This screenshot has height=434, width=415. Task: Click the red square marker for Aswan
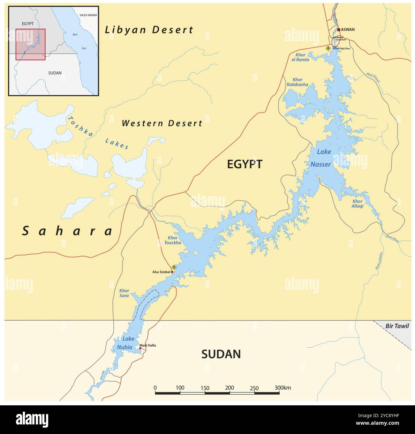point(339,30)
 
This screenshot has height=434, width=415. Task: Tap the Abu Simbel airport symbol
point(174,267)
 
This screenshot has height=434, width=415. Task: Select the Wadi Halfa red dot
point(140,348)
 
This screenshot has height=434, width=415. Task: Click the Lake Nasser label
point(321,158)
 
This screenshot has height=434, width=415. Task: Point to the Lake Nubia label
point(125,343)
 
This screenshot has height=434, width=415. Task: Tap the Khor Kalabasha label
point(297,82)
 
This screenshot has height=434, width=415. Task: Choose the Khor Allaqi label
point(358,204)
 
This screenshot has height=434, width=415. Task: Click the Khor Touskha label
point(173,240)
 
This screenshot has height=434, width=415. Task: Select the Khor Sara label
point(124,293)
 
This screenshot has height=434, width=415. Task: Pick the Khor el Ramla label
point(300,57)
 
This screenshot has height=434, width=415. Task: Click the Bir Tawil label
point(397,326)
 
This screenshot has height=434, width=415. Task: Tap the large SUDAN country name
point(221,354)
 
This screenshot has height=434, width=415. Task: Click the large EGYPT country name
point(245,164)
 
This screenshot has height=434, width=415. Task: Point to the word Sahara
point(68,231)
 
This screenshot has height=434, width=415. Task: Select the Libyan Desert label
point(149,30)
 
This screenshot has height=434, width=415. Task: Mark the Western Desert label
point(162,123)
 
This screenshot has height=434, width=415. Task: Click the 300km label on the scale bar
point(283,388)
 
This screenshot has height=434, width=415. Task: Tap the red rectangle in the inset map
point(31,44)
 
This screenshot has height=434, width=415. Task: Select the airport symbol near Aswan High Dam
point(328,48)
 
